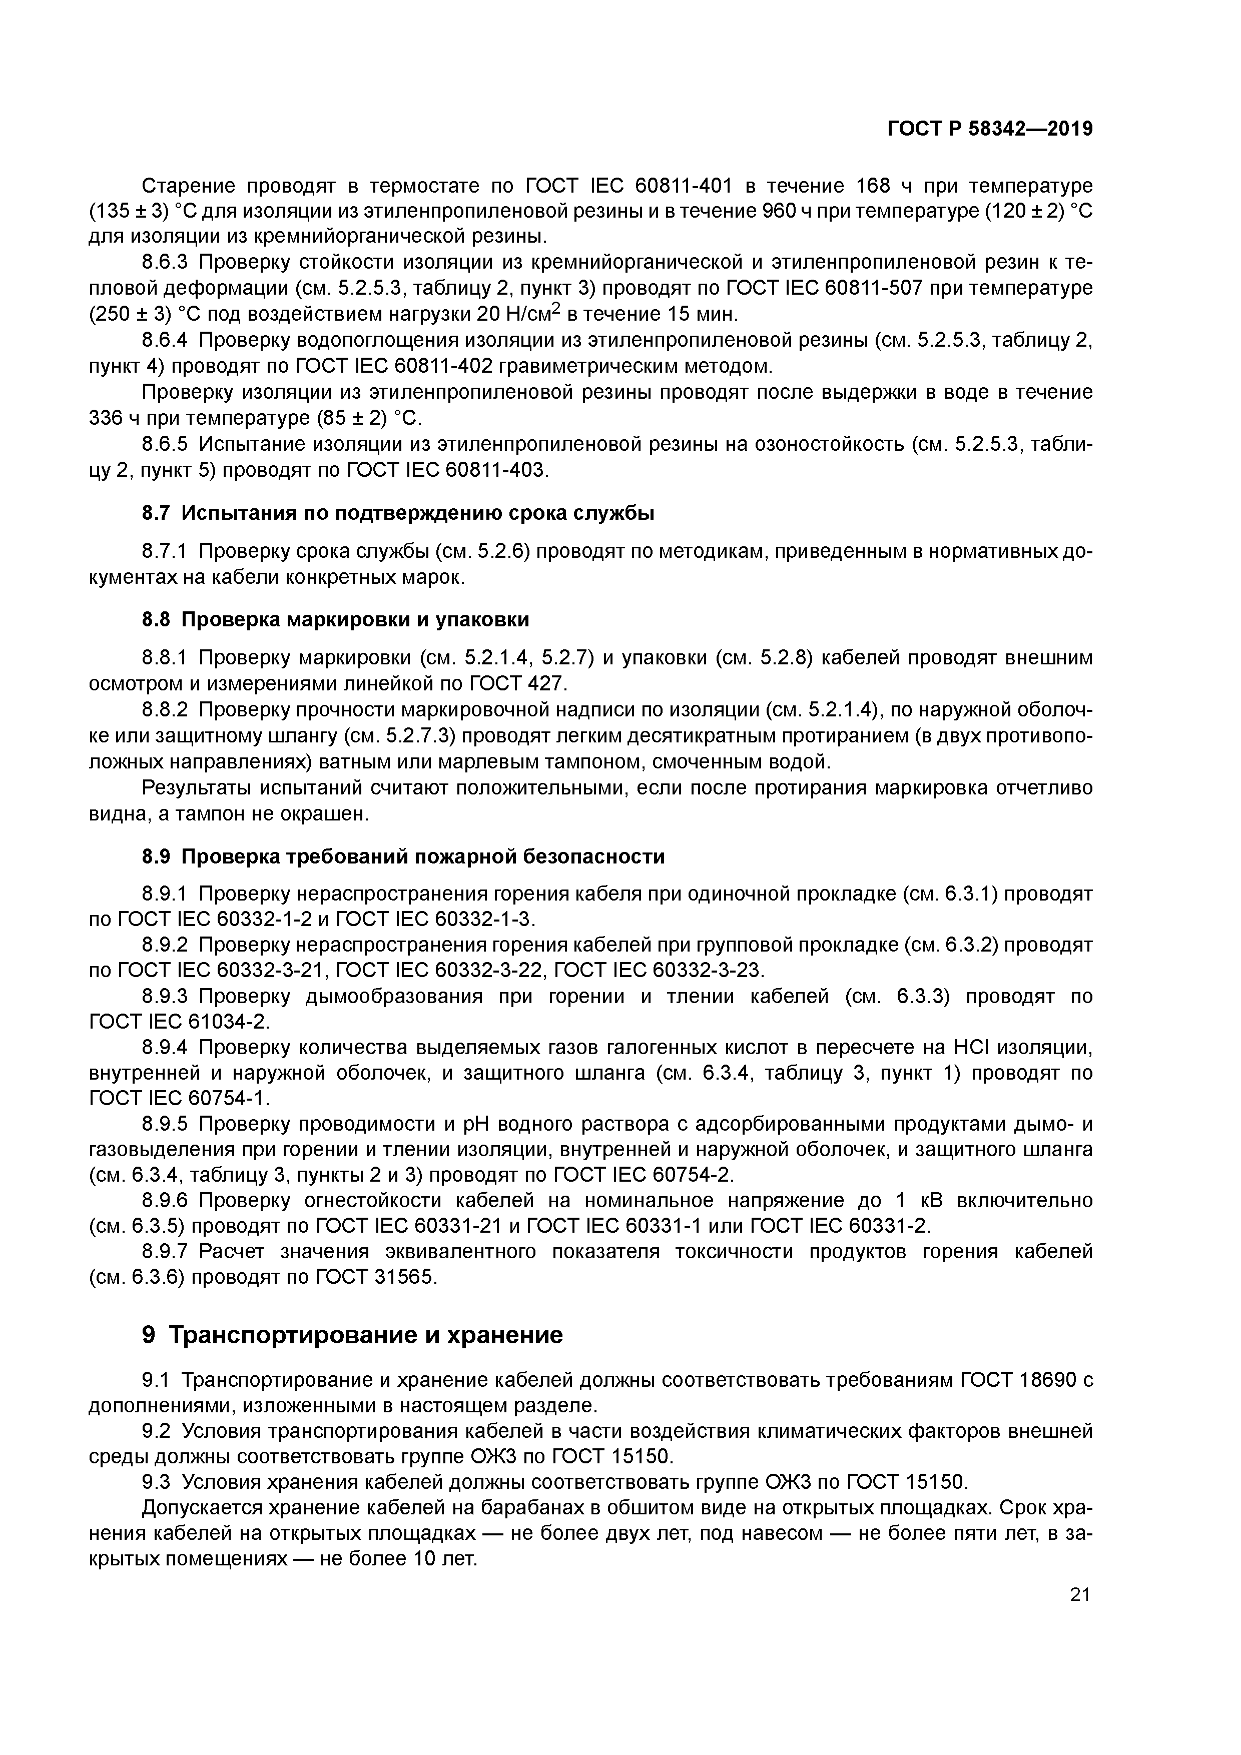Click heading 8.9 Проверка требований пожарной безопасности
[x=403, y=856]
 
